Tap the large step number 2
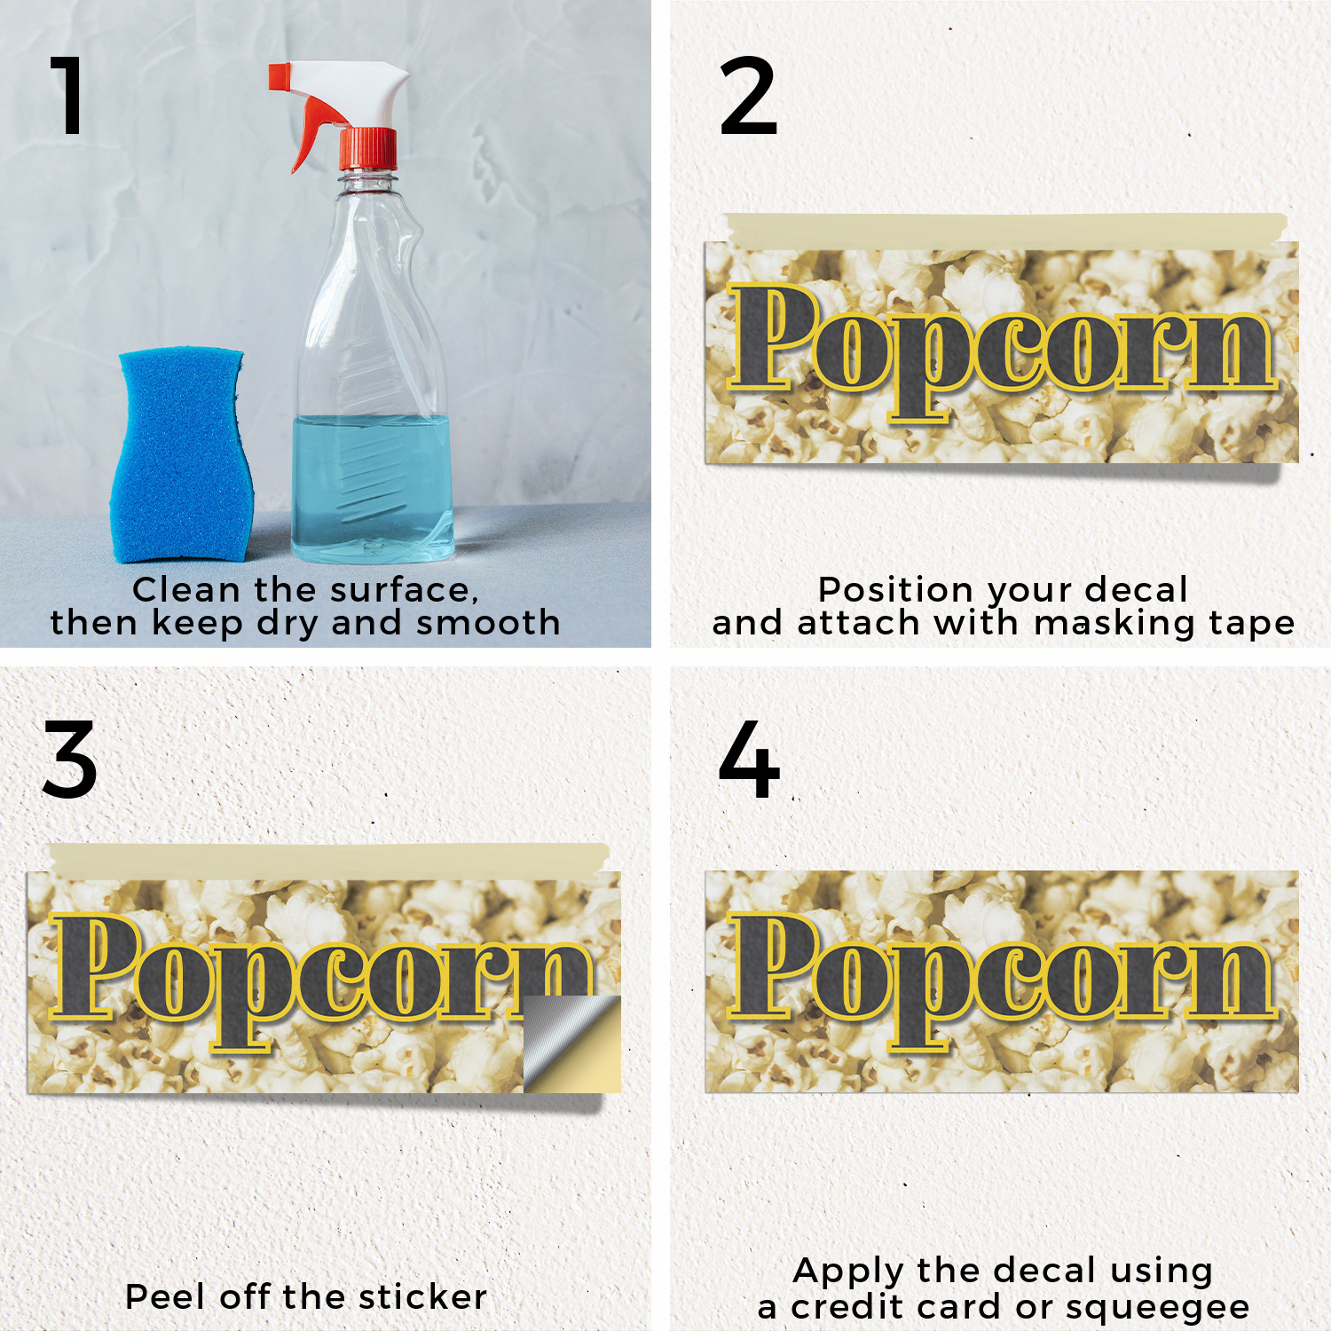coord(748,95)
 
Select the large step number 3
coord(69,760)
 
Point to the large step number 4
coord(749,760)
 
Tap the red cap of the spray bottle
coord(367,148)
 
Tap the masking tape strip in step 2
coord(1005,229)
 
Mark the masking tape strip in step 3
coord(328,859)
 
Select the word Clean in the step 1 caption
coord(186,590)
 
